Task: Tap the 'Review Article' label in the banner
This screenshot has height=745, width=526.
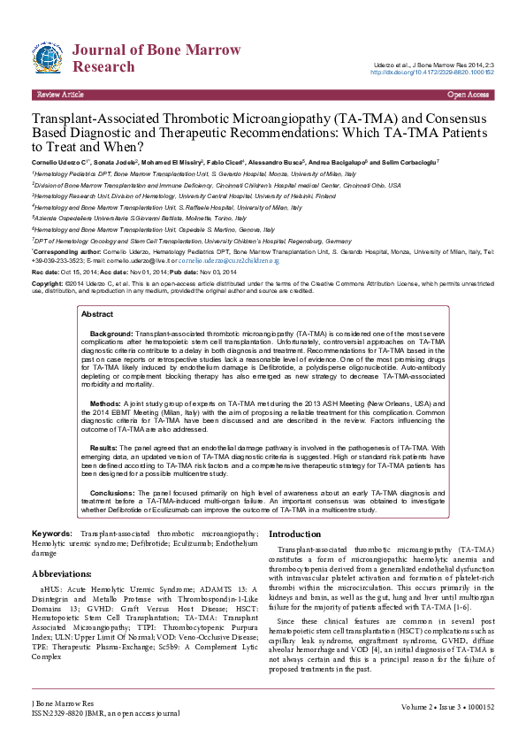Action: [x=60, y=94]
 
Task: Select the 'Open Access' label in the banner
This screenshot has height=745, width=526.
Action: [x=469, y=94]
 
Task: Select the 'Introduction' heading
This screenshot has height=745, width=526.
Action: [x=301, y=534]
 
